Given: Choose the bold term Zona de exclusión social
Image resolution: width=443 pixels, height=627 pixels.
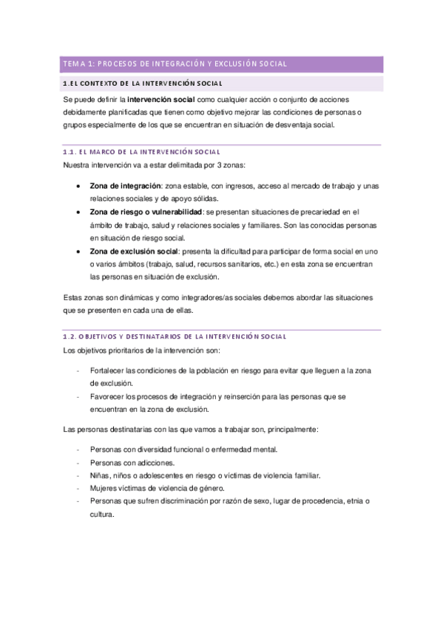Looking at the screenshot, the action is [134, 251].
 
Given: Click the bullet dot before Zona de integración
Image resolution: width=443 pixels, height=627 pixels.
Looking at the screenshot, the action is [79, 186].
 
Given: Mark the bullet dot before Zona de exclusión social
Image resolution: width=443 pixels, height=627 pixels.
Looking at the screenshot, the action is [79, 252].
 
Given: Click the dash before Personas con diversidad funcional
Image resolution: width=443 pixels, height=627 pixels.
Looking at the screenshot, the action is [78, 450].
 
